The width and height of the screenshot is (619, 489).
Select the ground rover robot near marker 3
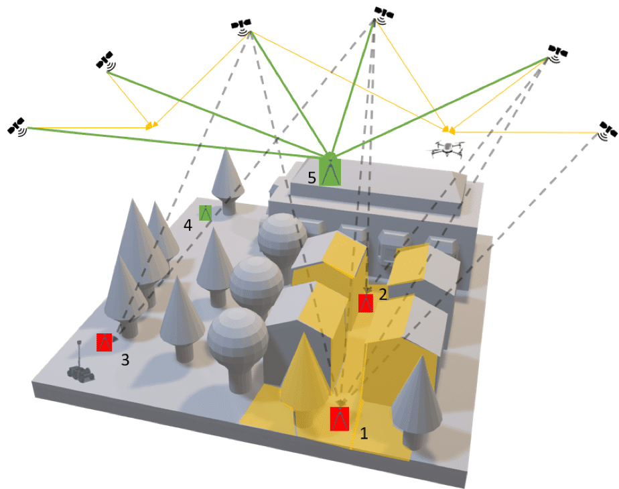(81, 372)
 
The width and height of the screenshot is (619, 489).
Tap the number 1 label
(364, 433)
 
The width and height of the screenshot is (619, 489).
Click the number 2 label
(383, 293)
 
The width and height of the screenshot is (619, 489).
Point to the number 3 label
(125, 360)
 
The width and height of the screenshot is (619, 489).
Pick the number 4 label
(188, 225)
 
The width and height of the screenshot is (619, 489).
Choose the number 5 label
(311, 178)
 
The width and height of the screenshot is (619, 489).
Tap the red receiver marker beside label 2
(366, 303)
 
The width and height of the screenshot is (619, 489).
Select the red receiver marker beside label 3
(104, 342)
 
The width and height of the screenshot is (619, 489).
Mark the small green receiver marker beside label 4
(206, 213)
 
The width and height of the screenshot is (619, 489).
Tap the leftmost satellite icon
(17, 127)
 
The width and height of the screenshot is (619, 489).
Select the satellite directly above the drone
(557, 53)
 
